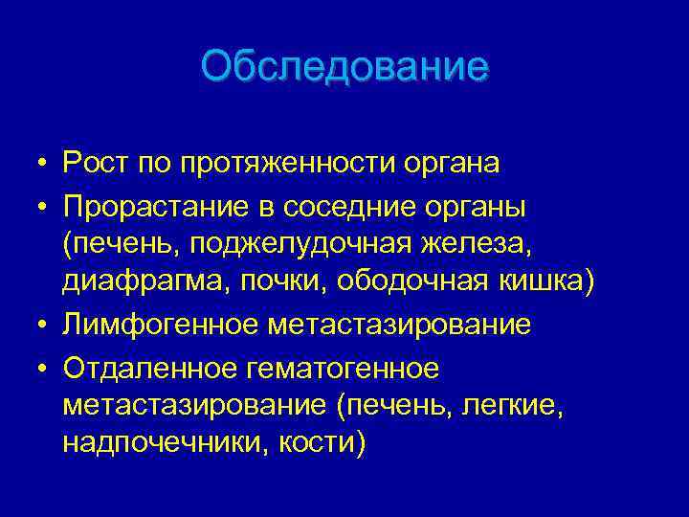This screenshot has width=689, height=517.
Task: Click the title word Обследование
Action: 344,67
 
